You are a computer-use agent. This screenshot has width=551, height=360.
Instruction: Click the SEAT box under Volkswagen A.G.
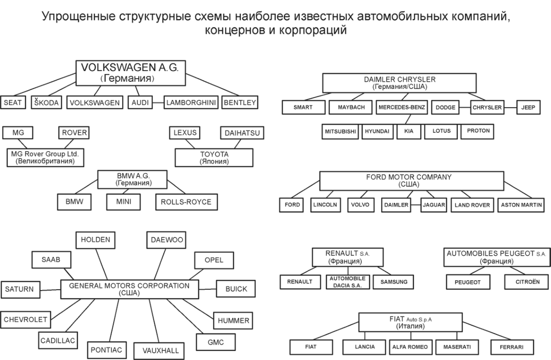tap(13, 103)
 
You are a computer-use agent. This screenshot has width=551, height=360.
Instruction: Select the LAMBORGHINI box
tap(191, 103)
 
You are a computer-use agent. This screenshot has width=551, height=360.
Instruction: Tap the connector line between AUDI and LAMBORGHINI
tap(158, 103)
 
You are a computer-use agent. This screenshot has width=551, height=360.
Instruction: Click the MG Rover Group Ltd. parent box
tap(45, 157)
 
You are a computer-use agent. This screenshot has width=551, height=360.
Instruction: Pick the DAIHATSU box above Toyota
tap(242, 133)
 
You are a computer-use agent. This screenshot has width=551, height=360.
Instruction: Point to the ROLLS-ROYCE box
tap(186, 202)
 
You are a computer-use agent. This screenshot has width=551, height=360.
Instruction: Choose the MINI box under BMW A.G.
tap(124, 202)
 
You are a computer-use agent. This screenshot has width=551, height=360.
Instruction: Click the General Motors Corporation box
tap(129, 289)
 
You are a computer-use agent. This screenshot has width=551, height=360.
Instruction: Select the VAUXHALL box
tap(161, 351)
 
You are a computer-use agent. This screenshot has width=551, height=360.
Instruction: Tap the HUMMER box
tap(233, 320)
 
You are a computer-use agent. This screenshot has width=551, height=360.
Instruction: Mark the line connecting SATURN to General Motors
tap(50, 290)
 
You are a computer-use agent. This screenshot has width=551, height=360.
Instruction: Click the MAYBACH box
tap(351, 107)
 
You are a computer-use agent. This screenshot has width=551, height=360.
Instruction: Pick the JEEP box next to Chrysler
tap(528, 107)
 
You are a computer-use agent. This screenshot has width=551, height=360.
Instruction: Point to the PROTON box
tap(478, 131)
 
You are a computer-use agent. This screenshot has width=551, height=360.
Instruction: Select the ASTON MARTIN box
tap(521, 205)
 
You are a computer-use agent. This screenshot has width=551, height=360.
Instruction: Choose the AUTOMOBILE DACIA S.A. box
tap(347, 282)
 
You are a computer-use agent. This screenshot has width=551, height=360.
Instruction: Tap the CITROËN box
tap(527, 282)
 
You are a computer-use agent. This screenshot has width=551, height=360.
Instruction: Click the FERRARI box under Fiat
tap(511, 347)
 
